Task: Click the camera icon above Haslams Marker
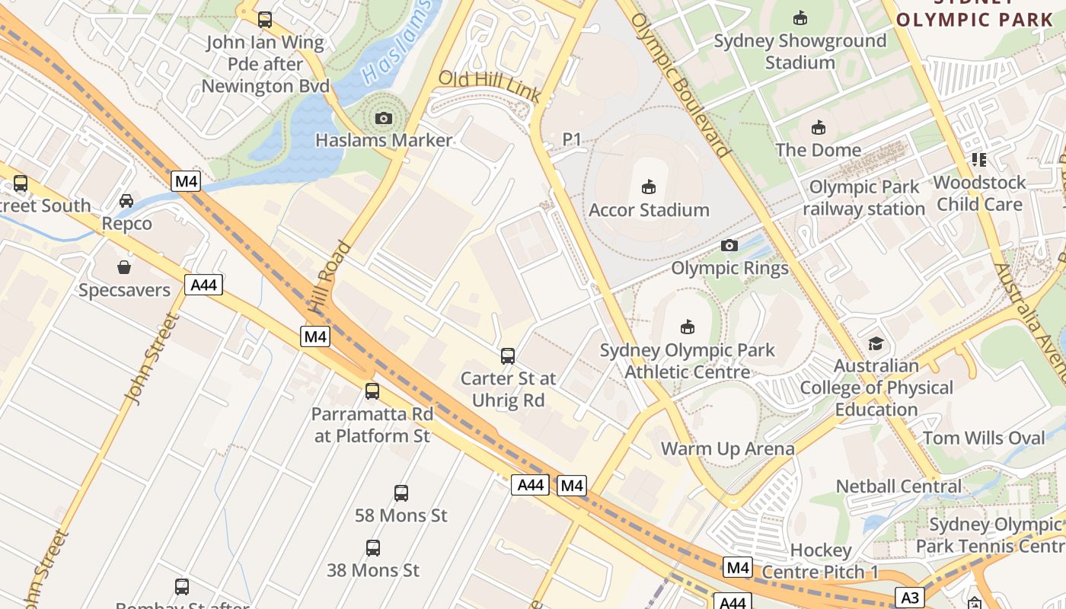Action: tap(384, 118)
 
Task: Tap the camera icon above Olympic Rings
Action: tap(729, 245)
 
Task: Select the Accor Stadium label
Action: tap(649, 209)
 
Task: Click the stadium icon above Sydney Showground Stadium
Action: tap(800, 18)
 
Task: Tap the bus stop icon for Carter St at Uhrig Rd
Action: tap(508, 356)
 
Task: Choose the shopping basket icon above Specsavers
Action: tap(124, 267)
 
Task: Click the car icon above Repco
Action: tap(126, 201)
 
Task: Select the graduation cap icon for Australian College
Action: tap(876, 343)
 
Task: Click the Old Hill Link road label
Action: tap(490, 86)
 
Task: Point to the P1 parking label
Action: tap(571, 139)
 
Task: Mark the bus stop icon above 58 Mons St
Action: tap(401, 493)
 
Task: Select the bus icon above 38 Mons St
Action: tap(373, 547)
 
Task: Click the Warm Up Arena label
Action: tap(727, 448)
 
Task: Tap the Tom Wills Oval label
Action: tap(984, 438)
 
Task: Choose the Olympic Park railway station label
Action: tap(863, 197)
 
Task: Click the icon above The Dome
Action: tap(819, 127)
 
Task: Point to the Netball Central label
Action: tap(898, 486)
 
